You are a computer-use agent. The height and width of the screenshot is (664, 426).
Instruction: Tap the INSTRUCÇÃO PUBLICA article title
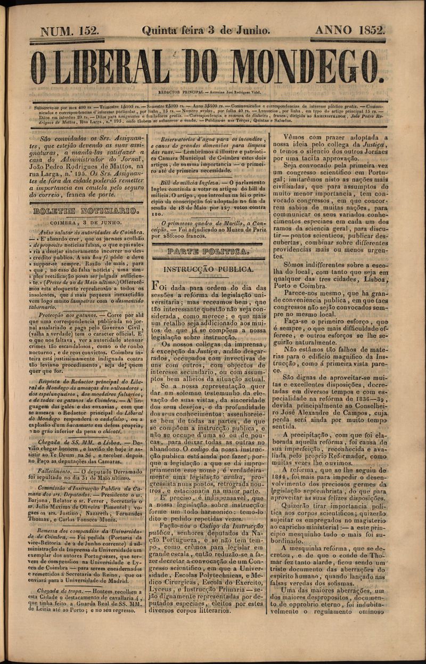[x=208, y=270]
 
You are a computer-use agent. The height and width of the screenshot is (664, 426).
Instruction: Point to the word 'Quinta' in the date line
[x=155, y=30]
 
